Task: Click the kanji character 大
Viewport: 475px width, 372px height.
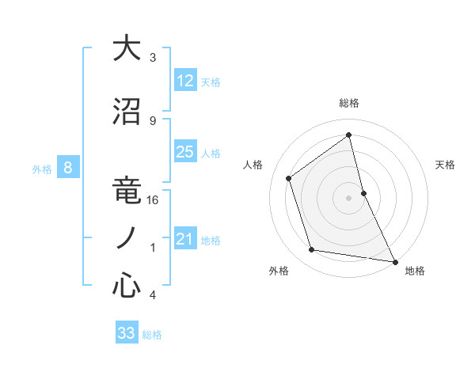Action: pos(127,49)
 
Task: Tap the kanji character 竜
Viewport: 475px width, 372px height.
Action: pos(127,193)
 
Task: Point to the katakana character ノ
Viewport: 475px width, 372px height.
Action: pos(127,238)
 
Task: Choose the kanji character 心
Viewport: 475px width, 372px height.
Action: pos(127,286)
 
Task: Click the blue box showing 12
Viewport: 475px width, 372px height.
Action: pos(185,81)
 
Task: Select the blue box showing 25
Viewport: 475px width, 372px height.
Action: pos(185,152)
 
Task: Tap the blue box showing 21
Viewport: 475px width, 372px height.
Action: pos(185,239)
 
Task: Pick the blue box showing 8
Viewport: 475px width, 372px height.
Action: pos(68,168)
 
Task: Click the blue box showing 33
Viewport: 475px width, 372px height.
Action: pos(127,333)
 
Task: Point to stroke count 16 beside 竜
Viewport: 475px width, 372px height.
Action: pos(153,200)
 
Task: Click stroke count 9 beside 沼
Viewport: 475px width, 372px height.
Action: pos(153,120)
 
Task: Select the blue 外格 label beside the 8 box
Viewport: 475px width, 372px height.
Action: pos(42,169)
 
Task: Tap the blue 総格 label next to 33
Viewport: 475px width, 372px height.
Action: pos(153,335)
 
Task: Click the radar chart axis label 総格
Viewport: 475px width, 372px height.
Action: pos(349,103)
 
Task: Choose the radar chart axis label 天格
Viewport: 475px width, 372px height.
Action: pos(446,165)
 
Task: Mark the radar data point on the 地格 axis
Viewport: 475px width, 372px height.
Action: pos(394,261)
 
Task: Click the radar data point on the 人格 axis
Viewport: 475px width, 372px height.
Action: pos(289,178)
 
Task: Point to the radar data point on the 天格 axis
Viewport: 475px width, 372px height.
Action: pos(363,192)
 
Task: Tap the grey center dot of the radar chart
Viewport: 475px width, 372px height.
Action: pos(349,197)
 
